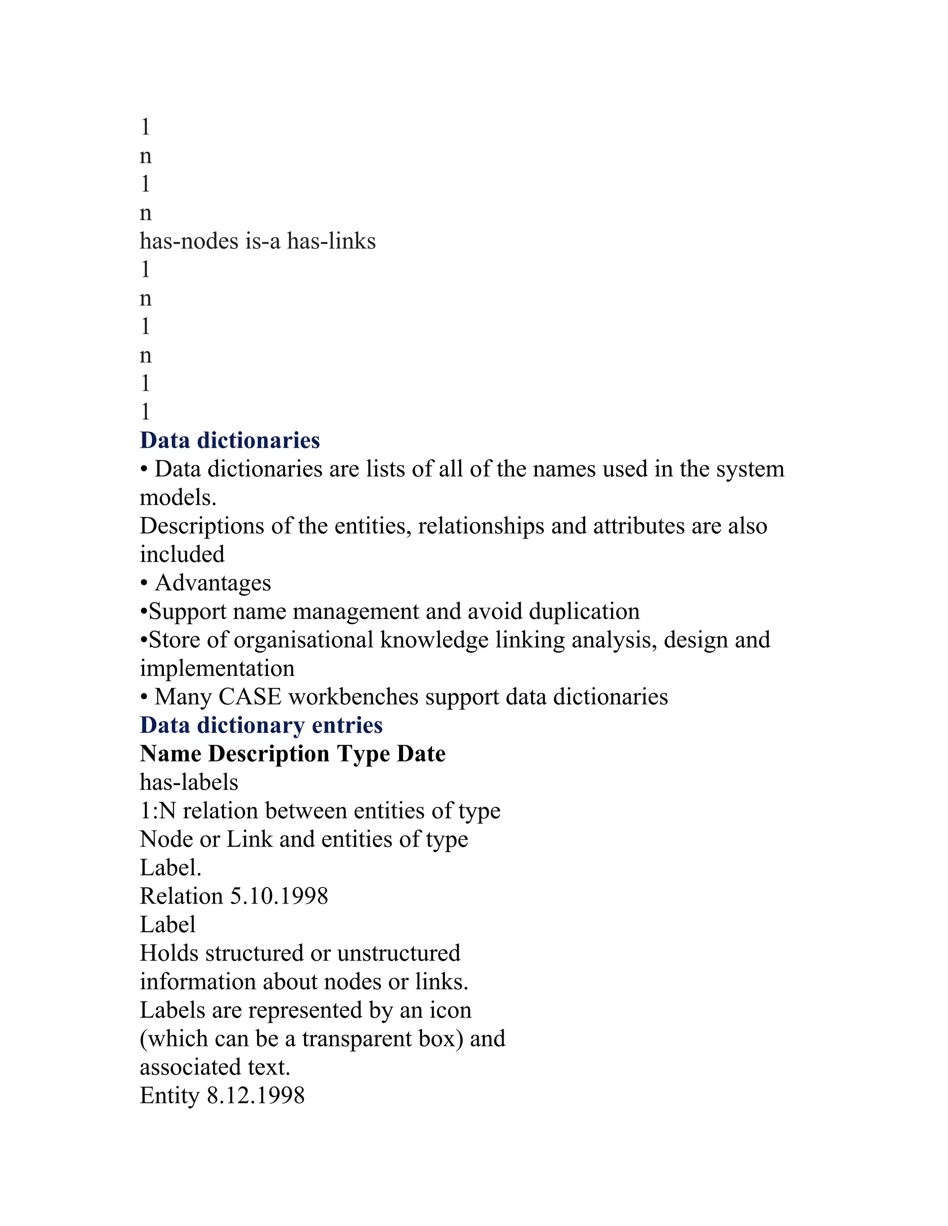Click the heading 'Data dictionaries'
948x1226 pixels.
(x=230, y=440)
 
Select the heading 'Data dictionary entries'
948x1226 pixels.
(x=261, y=725)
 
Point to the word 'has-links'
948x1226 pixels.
(x=331, y=241)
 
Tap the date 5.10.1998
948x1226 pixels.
(x=279, y=897)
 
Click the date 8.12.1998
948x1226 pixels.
(x=256, y=1096)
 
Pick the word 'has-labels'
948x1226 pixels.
(x=189, y=782)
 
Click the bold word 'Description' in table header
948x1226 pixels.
(x=268, y=754)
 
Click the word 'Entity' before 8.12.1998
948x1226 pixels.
(x=169, y=1096)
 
